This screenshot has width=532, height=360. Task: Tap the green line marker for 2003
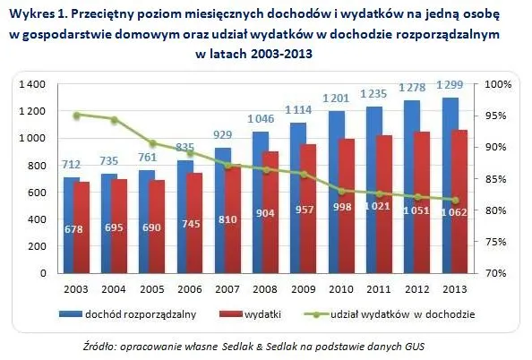point(77,116)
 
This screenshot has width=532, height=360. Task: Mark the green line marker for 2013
point(455,201)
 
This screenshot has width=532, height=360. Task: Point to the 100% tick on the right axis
point(497,84)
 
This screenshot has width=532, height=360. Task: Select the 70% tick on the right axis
point(497,273)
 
